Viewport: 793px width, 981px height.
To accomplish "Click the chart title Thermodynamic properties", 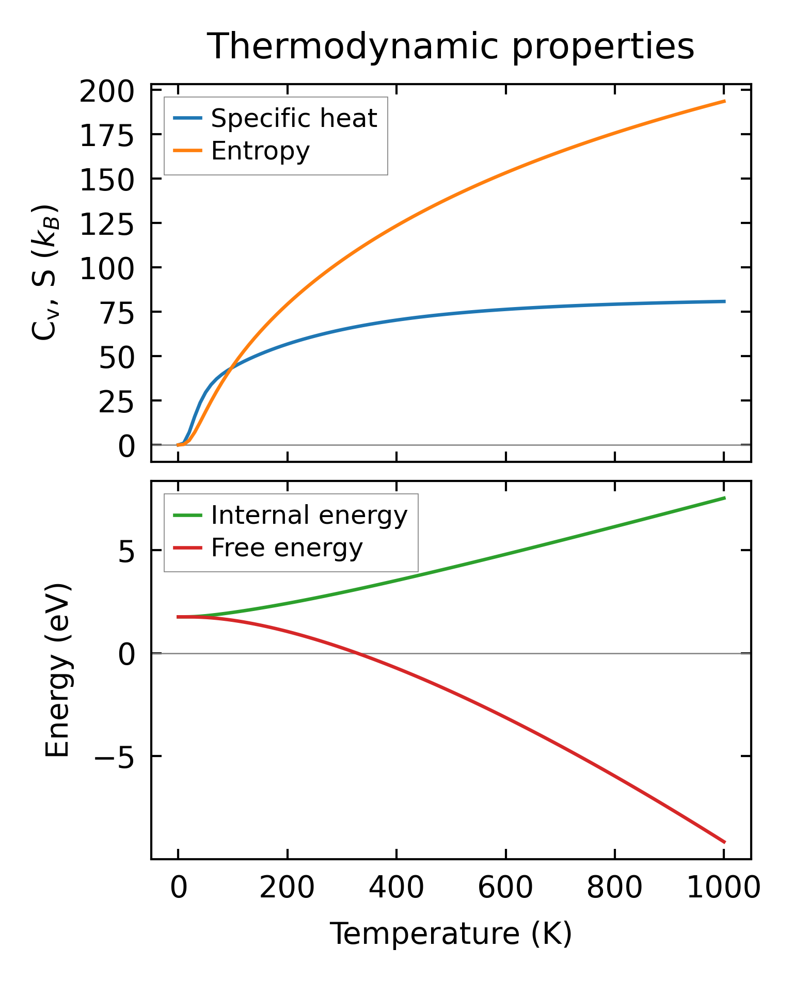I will pyautogui.click(x=450, y=46).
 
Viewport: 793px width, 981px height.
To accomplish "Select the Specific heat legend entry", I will pyautogui.click(x=294, y=118).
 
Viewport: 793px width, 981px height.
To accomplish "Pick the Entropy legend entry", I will pyautogui.click(x=260, y=151).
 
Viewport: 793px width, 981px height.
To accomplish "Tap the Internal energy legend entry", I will pyautogui.click(x=309, y=515).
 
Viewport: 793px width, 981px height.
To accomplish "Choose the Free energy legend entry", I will pyautogui.click(x=287, y=548).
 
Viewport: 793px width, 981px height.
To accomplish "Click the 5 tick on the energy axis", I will pyautogui.click(x=126, y=552).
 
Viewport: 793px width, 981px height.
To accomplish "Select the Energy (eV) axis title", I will pyautogui.click(x=57, y=670).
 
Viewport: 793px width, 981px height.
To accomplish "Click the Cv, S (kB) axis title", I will pyautogui.click(x=45, y=272).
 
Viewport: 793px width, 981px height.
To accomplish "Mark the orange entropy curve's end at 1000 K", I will pyautogui.click(x=724, y=101).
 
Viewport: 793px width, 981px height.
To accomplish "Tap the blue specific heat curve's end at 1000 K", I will pyautogui.click(x=724, y=301).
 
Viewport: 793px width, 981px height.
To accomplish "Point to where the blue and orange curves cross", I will pyautogui.click(x=231, y=366).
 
